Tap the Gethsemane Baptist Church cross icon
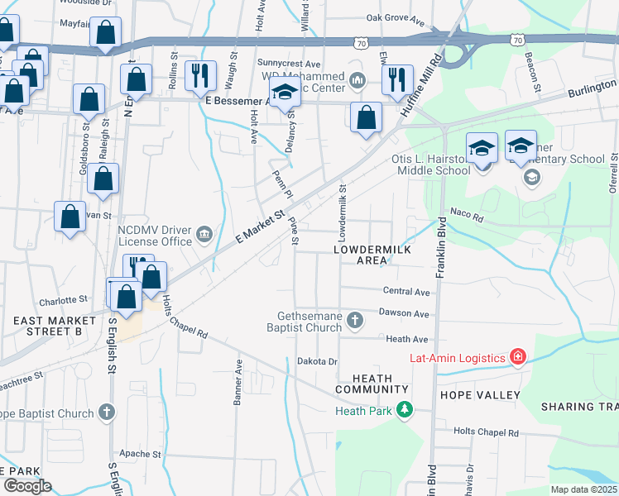click(355, 320)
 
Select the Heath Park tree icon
click(404, 410)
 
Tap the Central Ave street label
click(406, 292)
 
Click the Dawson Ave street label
click(404, 314)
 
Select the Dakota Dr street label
click(318, 361)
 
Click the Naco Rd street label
click(466, 214)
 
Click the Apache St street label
click(139, 454)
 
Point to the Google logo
click(26, 486)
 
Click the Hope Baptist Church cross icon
click(106, 412)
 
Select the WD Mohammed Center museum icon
click(357, 80)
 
